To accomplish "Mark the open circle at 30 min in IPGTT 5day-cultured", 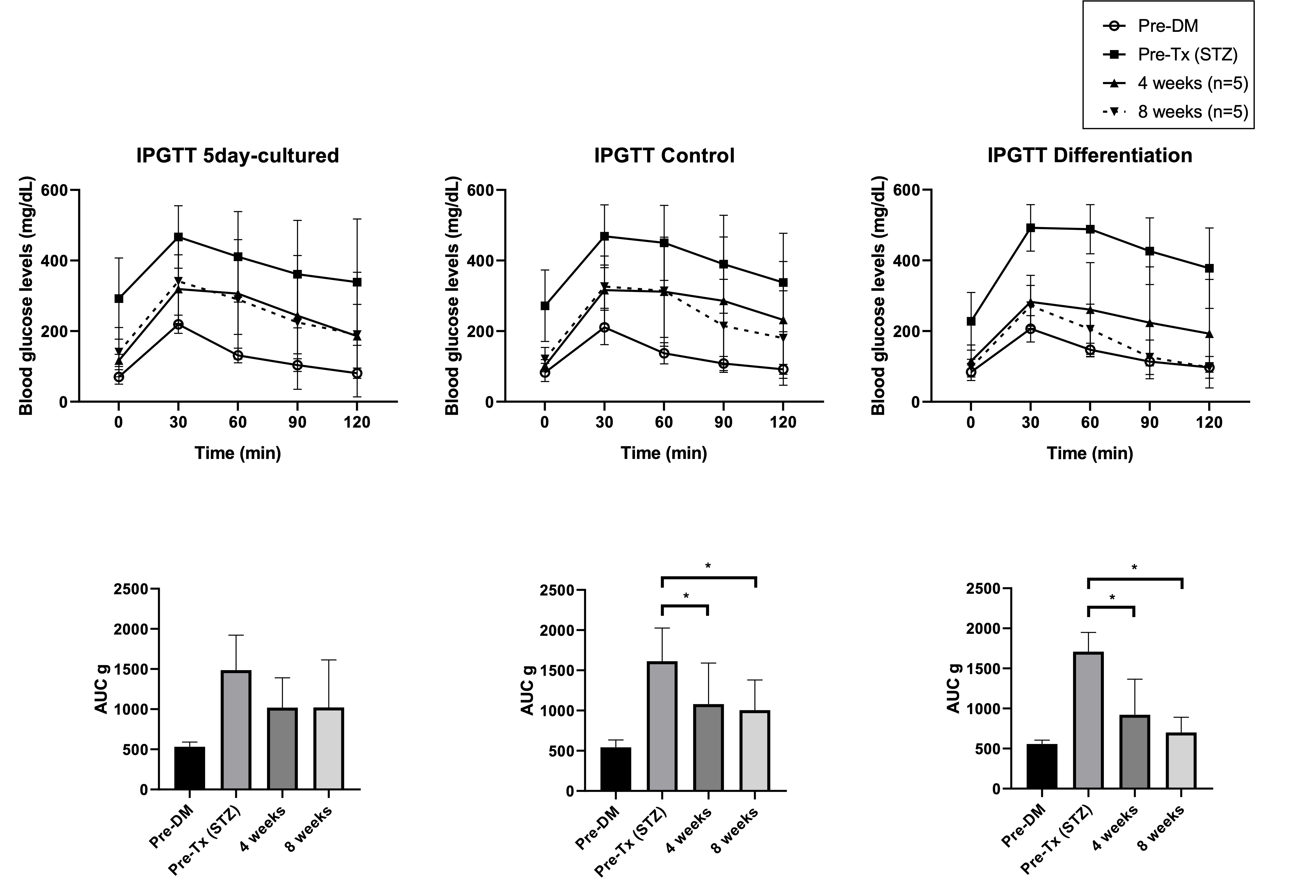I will tap(179, 324).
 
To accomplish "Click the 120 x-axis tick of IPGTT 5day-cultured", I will tap(357, 422).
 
